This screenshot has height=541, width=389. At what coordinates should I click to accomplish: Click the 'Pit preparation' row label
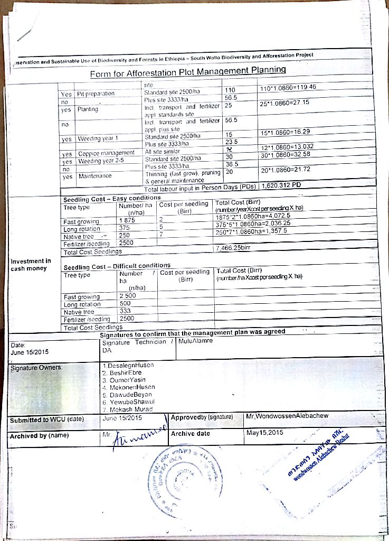coord(96,94)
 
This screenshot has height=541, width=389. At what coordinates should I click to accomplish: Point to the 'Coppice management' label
coord(106,153)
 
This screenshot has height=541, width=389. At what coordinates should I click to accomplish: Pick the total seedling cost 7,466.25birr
coord(233,247)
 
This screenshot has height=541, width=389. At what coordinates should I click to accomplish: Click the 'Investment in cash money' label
coord(31,264)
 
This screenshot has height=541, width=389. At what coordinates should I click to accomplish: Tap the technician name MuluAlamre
coord(196,341)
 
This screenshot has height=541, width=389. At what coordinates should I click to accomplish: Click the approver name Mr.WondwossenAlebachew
coord(287,416)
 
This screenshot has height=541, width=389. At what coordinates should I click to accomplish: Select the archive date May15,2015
coord(265,433)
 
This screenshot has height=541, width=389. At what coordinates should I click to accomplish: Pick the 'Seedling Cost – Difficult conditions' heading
coord(117,265)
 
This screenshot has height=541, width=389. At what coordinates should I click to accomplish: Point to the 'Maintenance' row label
coord(94,176)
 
